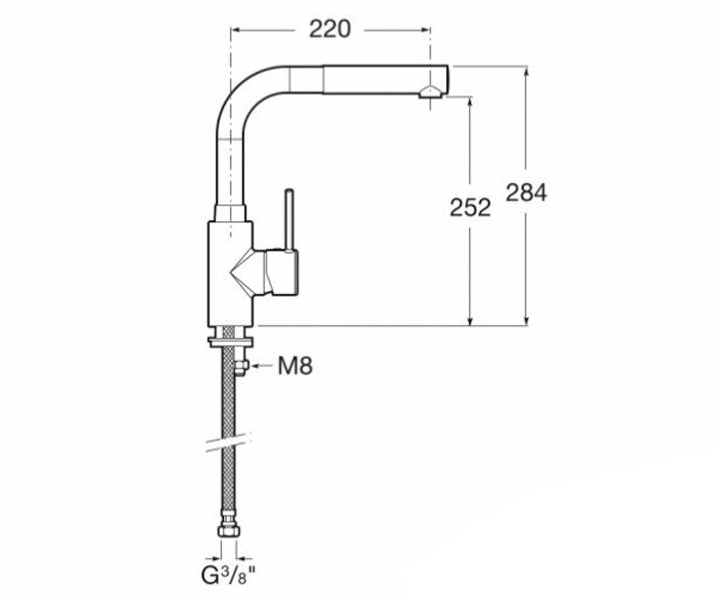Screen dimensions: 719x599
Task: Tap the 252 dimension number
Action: [470, 208]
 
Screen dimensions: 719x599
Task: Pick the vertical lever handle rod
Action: [289, 220]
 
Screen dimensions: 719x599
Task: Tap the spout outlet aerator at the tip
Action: [430, 92]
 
